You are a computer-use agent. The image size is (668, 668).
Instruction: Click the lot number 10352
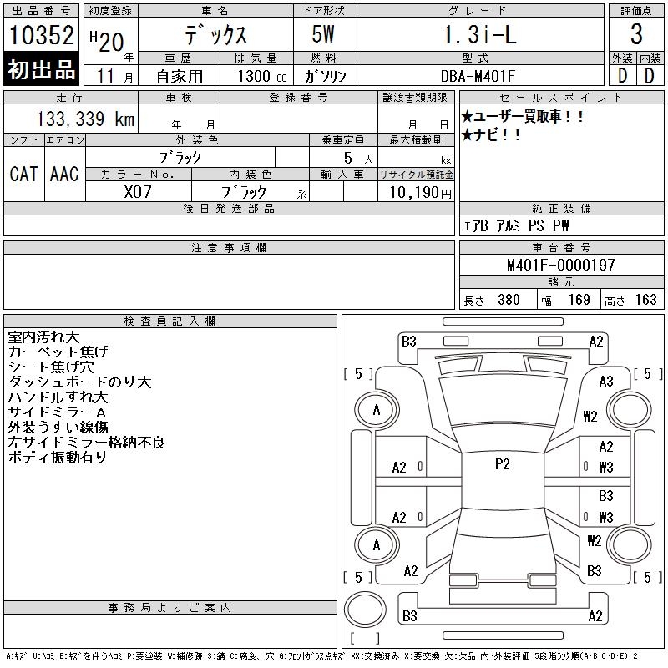(41, 34)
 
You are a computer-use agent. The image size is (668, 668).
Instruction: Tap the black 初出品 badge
(41, 69)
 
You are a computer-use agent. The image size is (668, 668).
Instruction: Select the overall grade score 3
(636, 34)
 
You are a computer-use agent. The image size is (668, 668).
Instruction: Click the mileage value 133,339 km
(85, 119)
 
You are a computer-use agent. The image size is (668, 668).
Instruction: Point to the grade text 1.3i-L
(480, 34)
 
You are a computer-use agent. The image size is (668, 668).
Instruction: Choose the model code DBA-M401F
(478, 76)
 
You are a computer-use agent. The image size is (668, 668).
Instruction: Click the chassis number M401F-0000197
(561, 265)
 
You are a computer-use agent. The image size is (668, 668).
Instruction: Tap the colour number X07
(138, 192)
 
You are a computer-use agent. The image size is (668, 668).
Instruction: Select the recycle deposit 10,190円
(421, 193)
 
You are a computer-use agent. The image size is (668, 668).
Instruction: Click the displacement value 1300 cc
(262, 76)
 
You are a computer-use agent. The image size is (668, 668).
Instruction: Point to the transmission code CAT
(24, 174)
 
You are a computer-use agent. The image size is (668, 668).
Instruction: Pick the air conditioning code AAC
(64, 174)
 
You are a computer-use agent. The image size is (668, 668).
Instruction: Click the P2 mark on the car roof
(503, 464)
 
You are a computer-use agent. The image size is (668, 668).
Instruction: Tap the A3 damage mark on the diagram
(606, 382)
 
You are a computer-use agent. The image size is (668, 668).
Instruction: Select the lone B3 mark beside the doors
(606, 496)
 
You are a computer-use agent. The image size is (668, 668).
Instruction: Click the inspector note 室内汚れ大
(44, 337)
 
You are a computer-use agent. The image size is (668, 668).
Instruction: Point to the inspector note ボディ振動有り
(57, 457)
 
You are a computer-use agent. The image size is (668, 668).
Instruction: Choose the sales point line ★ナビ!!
(491, 135)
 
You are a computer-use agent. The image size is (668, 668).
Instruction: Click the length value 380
(509, 300)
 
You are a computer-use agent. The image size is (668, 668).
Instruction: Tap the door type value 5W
(323, 34)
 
